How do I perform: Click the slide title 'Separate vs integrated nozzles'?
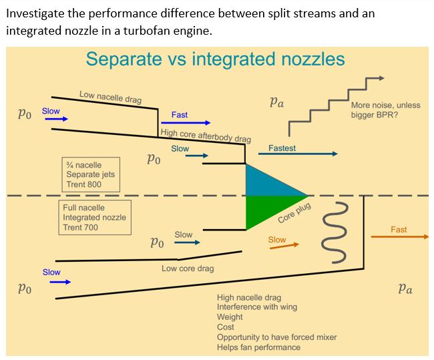tap(215, 59)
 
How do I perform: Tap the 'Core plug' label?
tap(294, 214)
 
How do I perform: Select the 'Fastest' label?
tap(282, 148)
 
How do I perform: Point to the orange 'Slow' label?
tap(276, 240)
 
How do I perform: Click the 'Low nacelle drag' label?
tap(110, 98)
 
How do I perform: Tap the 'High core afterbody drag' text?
tap(206, 136)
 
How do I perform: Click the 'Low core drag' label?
tap(188, 268)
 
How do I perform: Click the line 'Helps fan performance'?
tap(258, 347)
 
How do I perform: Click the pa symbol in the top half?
tap(276, 102)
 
